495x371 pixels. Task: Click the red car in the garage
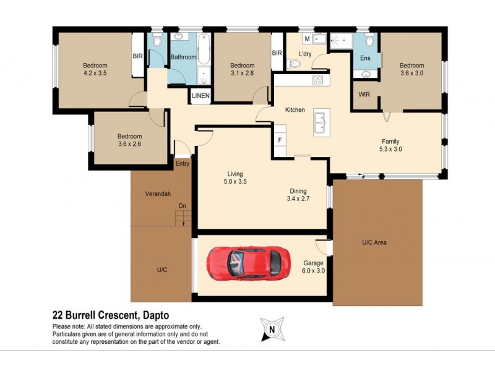pyautogui.click(x=247, y=262)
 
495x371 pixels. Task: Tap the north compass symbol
pyautogui.click(x=270, y=329)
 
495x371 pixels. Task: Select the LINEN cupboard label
pyautogui.click(x=200, y=96)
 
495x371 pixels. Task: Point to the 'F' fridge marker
pyautogui.click(x=280, y=140)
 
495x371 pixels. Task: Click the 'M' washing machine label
pyautogui.click(x=306, y=39)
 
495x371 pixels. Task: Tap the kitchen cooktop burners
pyautogui.click(x=317, y=79)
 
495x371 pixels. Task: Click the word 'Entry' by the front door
pyautogui.click(x=183, y=164)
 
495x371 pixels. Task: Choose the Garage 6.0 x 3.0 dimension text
pyautogui.click(x=313, y=271)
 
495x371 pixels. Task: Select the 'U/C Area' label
pyautogui.click(x=374, y=242)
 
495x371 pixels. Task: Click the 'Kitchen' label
pyautogui.click(x=295, y=110)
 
